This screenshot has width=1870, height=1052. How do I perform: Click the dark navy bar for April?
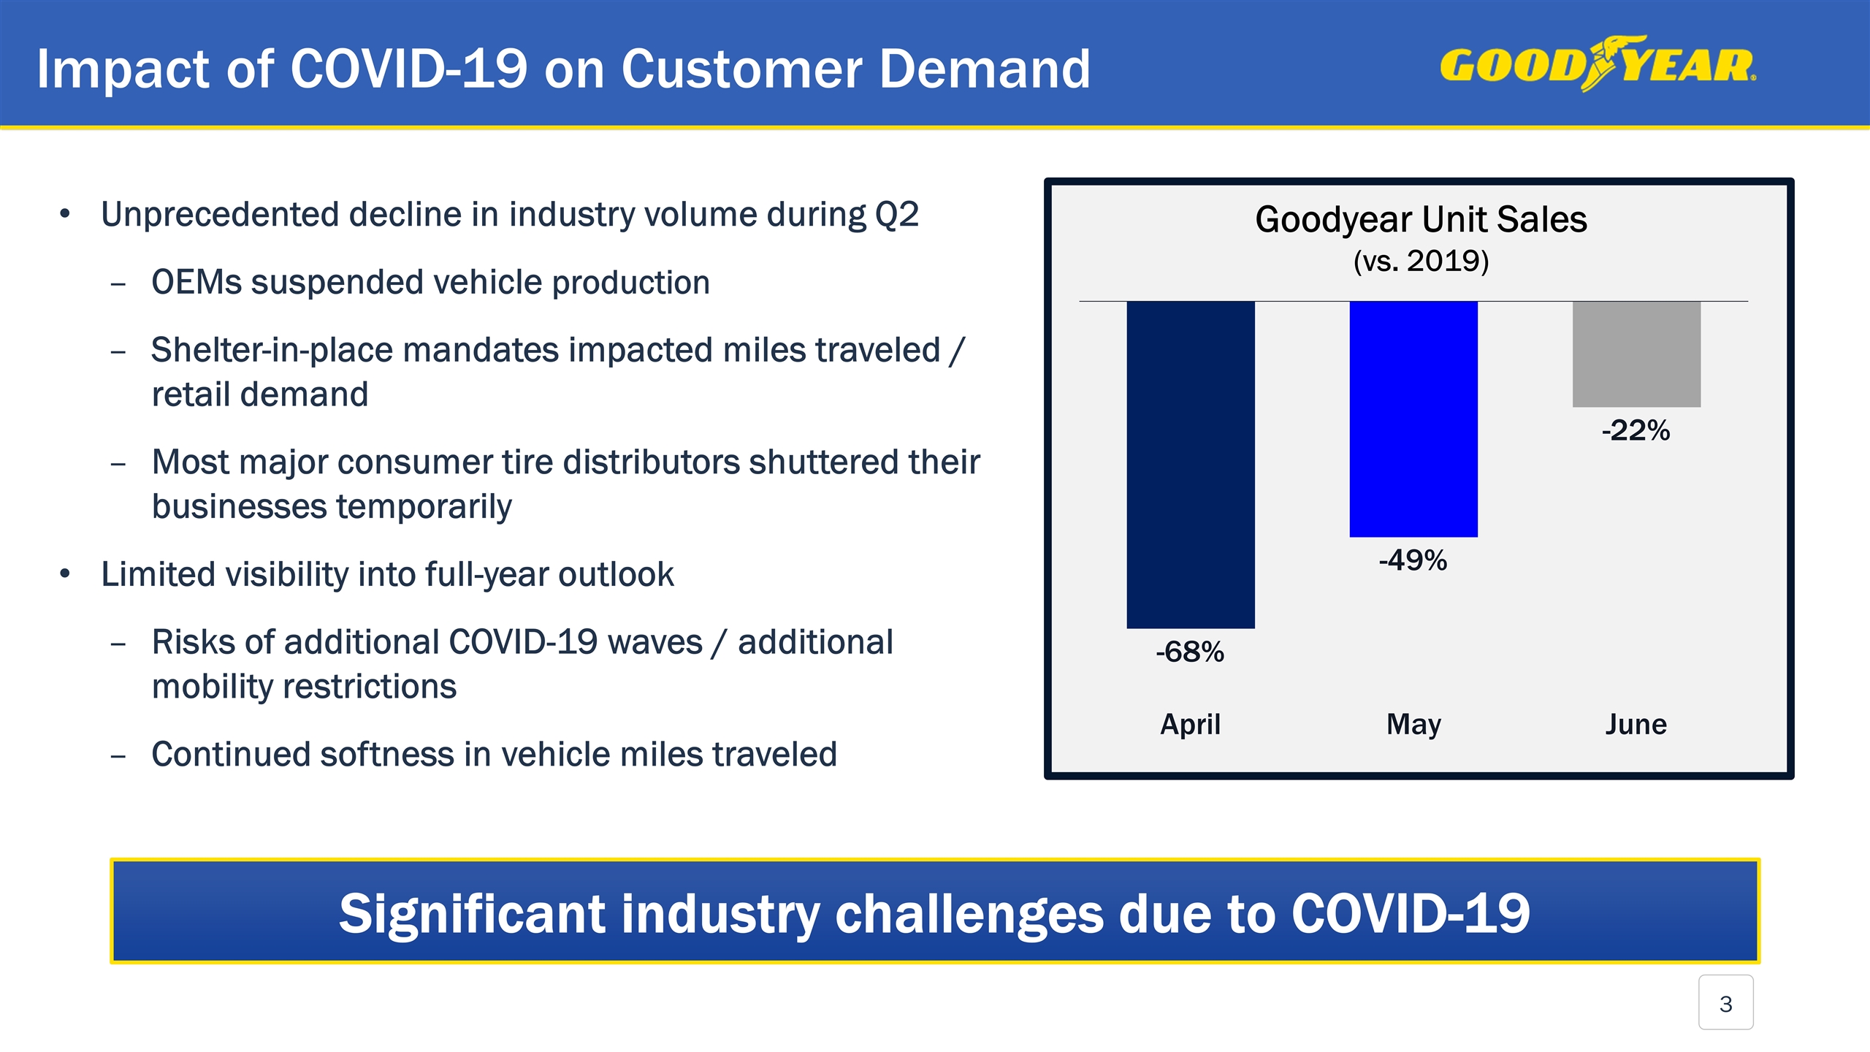pos(1191,465)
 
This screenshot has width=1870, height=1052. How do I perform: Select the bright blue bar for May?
pos(1413,419)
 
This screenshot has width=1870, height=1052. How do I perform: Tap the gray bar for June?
pos(1636,354)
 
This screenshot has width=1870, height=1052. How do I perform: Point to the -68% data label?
pos(1190,652)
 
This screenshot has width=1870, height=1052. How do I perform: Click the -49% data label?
pos(1413,560)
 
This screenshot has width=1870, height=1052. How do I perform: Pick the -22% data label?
pos(1636,430)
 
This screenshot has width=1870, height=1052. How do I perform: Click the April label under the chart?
pos(1190,724)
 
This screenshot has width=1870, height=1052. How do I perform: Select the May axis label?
pos(1413,724)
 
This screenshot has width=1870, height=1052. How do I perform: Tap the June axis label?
pos(1636,724)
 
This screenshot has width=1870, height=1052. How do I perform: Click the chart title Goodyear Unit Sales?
pos(1421,219)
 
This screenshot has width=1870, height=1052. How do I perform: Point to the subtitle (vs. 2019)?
pos(1421,261)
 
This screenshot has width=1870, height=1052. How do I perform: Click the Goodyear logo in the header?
pos(1598,64)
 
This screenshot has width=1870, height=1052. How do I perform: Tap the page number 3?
pos(1725,1004)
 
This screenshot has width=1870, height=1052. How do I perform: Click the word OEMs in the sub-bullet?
pos(196,283)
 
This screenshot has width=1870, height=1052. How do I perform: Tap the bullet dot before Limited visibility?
pos(65,574)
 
